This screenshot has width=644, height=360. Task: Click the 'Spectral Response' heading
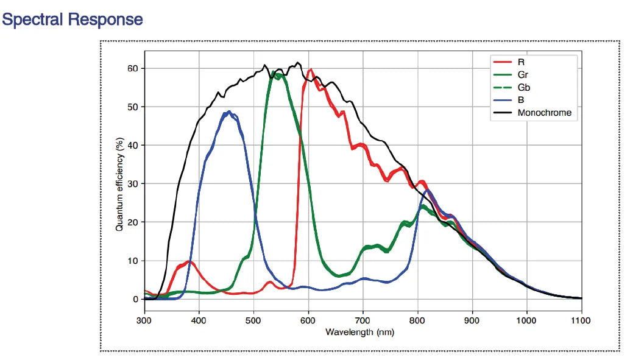pyautogui.click(x=73, y=19)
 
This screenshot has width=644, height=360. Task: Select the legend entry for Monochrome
pyautogui.click(x=544, y=112)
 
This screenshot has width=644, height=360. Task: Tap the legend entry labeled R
pyautogui.click(x=521, y=62)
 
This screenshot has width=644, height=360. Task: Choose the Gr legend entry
pyautogui.click(x=522, y=74)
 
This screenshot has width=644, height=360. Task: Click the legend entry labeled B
pyautogui.click(x=521, y=99)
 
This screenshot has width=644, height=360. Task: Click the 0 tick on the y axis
pyautogui.click(x=135, y=299)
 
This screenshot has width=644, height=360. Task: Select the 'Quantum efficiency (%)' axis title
pyautogui.click(x=120, y=183)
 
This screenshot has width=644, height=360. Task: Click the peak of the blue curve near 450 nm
pyautogui.click(x=228, y=112)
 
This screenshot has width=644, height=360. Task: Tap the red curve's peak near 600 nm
pyautogui.click(x=311, y=70)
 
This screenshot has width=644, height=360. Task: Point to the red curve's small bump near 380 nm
pyautogui.click(x=189, y=262)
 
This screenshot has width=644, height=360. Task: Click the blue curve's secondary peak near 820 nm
pyautogui.click(x=428, y=191)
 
